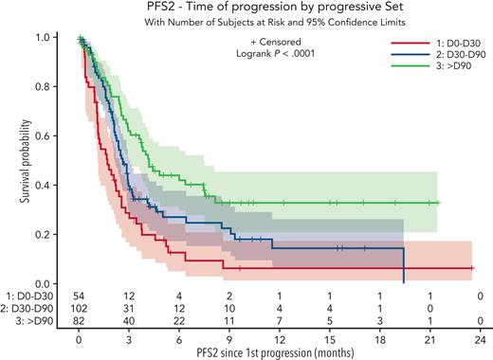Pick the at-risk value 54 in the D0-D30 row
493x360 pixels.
click(x=80, y=297)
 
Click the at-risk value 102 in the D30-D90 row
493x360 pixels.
click(x=80, y=310)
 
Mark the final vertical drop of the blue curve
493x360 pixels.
click(x=405, y=266)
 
